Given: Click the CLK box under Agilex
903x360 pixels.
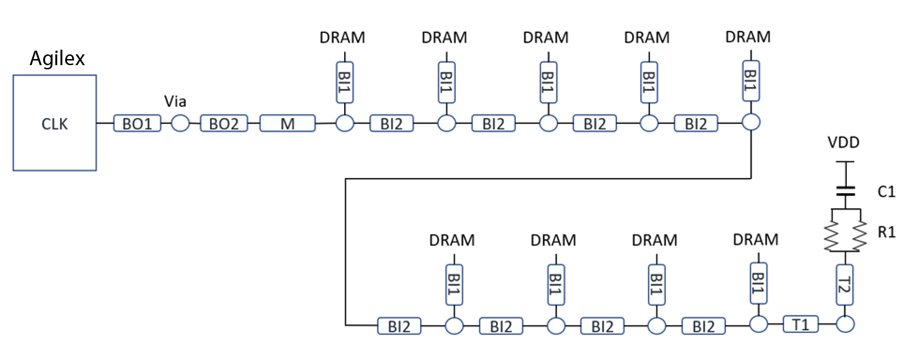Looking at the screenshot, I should (x=54, y=123).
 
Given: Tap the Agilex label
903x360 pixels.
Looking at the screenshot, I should (x=57, y=59).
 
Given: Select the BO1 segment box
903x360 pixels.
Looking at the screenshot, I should (x=137, y=124).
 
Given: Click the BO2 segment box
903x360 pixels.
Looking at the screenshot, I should (x=224, y=124).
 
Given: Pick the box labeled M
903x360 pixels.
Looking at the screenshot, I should (x=287, y=124).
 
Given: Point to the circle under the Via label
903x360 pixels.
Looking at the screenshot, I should (x=180, y=124).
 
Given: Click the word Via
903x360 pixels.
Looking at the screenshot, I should (x=175, y=101).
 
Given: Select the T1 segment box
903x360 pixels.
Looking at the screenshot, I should (x=800, y=324).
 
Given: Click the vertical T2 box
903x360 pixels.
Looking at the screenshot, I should (x=844, y=285).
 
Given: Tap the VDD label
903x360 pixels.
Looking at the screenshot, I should (x=843, y=142).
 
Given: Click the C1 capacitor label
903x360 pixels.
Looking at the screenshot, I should (x=886, y=191).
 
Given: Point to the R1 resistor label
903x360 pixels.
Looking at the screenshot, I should (x=886, y=232).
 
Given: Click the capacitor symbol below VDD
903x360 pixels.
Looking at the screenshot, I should (x=845, y=191).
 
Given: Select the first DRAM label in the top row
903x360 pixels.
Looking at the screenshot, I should (x=342, y=37).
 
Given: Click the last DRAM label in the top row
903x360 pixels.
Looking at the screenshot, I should (x=748, y=37).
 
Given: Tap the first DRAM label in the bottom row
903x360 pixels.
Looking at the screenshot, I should (x=452, y=240).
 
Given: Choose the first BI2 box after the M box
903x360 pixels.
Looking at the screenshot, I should (x=391, y=124).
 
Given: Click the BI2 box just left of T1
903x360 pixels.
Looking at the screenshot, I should (x=703, y=326).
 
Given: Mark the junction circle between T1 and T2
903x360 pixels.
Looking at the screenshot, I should (x=845, y=324).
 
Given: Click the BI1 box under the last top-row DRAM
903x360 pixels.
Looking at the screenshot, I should (x=751, y=81).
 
